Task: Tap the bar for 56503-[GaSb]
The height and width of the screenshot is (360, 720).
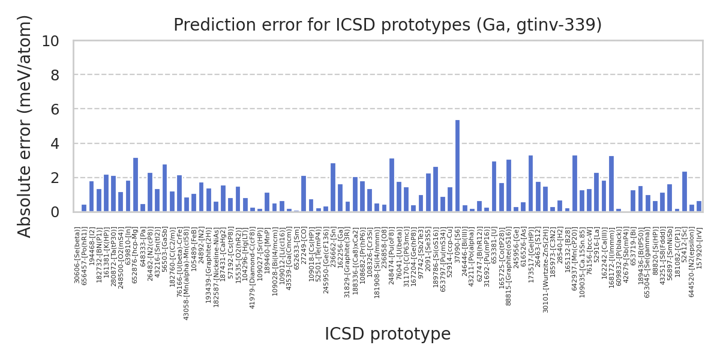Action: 164,188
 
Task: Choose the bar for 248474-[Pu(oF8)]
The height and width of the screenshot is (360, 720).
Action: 392,185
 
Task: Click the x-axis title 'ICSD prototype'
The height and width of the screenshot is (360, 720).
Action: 388,334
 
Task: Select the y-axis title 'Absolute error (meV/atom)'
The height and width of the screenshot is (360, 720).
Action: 25,126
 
